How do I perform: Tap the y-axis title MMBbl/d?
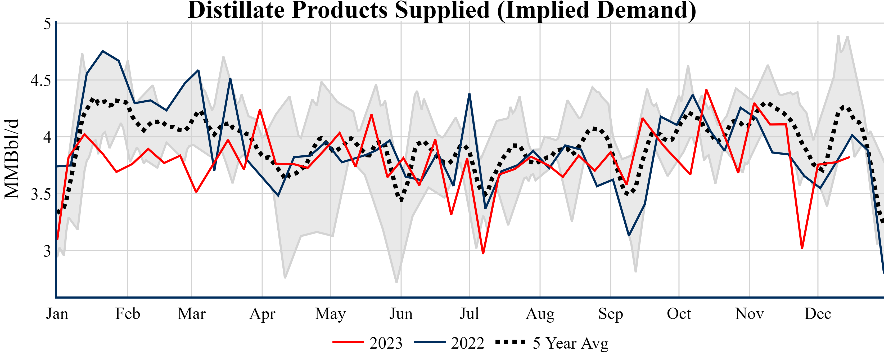[x=12, y=159]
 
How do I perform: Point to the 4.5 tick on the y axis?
[x=41, y=81]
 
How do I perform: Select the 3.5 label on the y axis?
[x=41, y=194]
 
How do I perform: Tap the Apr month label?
[x=262, y=314]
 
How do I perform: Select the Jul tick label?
[x=469, y=314]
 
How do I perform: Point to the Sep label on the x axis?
[x=611, y=314]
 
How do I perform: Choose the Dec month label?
[x=818, y=314]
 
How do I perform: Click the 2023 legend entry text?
[x=386, y=343]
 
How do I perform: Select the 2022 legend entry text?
[x=467, y=343]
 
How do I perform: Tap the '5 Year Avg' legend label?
[x=570, y=343]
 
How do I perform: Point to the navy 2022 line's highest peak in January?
[x=103, y=51]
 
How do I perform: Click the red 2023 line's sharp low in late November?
[x=802, y=248]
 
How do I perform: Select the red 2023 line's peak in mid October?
[x=706, y=90]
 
